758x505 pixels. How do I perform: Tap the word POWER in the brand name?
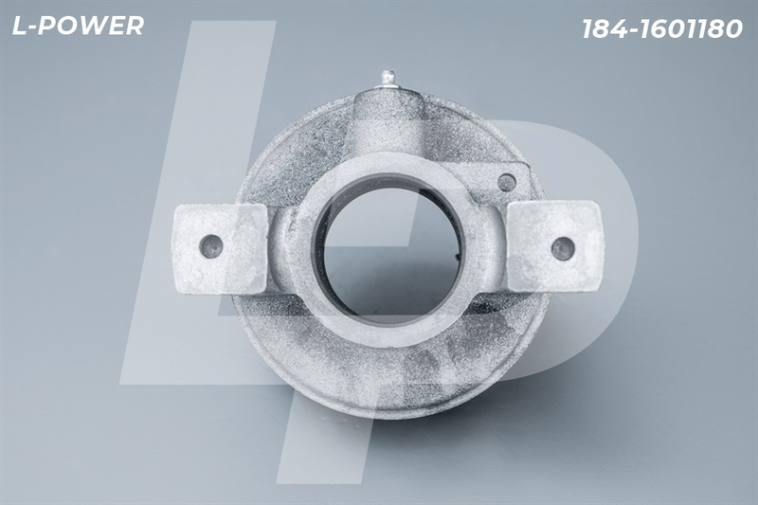[x=92, y=26]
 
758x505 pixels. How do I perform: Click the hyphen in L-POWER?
[x=33, y=28]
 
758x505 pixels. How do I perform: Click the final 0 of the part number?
[x=733, y=29]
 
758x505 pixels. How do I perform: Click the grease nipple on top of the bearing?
[x=388, y=80]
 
